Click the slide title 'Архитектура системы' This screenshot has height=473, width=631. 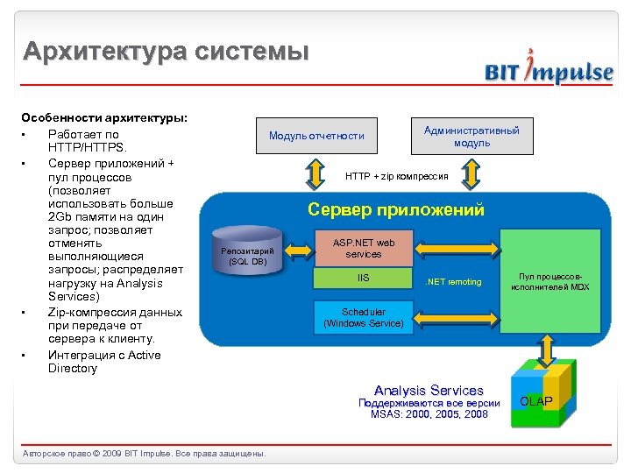tap(166, 52)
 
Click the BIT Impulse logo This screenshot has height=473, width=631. tap(549, 71)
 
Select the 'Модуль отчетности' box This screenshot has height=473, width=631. tap(316, 136)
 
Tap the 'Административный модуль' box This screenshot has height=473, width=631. tap(471, 136)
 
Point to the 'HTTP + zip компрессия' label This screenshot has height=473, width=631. tap(396, 176)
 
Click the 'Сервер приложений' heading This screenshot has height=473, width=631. tap(395, 210)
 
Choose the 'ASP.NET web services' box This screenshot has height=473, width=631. tap(364, 248)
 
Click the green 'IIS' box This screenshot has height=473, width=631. tap(364, 279)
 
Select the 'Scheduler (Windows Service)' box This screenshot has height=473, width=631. tap(364, 317)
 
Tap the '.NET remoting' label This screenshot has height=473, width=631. tap(453, 281)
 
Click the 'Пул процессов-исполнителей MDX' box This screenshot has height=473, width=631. tap(550, 281)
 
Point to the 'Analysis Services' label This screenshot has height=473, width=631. tap(429, 391)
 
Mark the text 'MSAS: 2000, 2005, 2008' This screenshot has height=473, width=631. tap(429, 414)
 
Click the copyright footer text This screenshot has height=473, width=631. tap(144, 453)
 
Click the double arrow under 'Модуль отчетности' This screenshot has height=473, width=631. tap(313, 173)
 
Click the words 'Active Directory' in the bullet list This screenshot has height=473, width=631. tap(104, 362)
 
